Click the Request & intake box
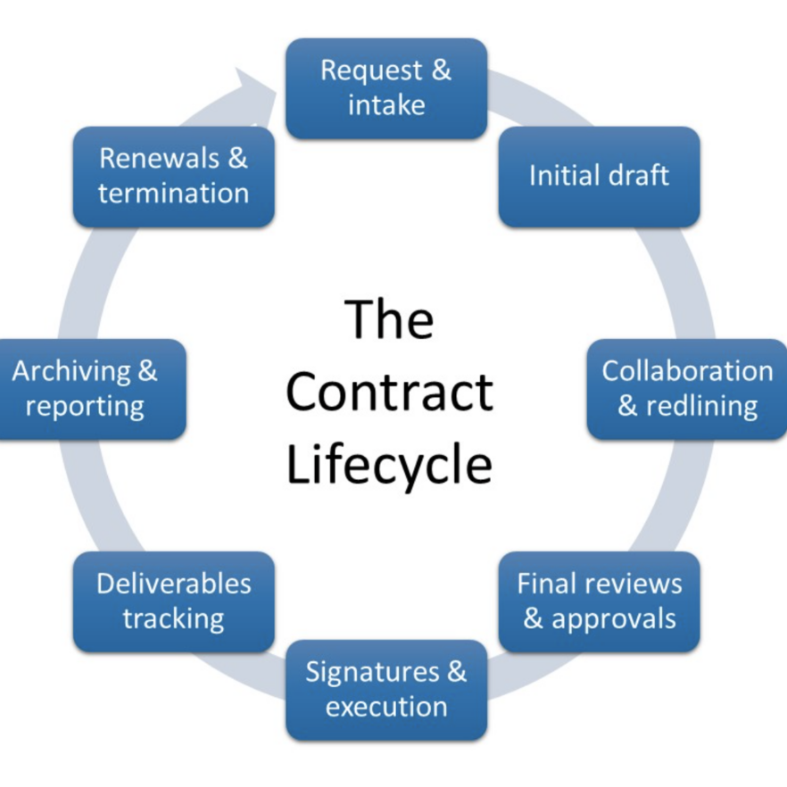(385, 87)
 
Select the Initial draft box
(599, 176)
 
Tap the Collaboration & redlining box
(687, 388)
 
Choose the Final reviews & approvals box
(599, 601)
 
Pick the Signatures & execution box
(385, 690)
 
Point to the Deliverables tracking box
(173, 601)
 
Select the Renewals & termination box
(173, 176)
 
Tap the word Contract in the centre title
(389, 393)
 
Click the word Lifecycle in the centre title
(389, 465)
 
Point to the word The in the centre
(389, 319)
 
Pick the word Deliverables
(173, 584)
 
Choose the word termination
(173, 193)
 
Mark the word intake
(385, 105)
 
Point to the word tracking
(173, 619)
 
